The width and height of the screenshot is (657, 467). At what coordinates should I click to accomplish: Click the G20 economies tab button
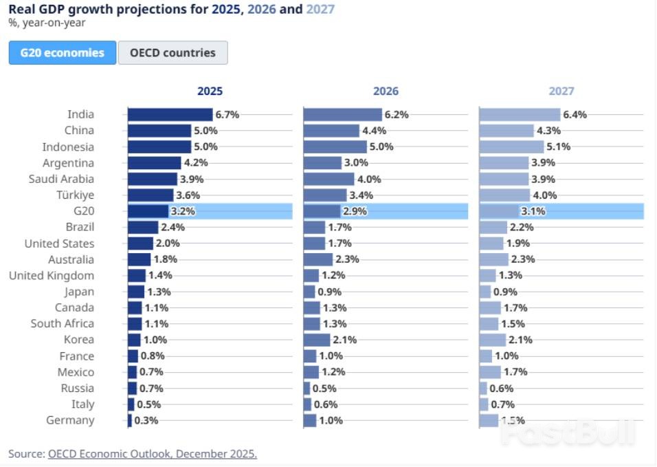pyautogui.click(x=63, y=53)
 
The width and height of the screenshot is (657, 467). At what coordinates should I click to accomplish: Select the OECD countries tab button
pyautogui.click(x=172, y=53)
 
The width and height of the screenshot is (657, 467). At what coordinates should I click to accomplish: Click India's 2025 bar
pyautogui.click(x=170, y=115)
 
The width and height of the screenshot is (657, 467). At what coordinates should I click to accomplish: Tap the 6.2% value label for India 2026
pyautogui.click(x=397, y=115)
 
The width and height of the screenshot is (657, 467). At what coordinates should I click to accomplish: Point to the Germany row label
pyautogui.click(x=70, y=420)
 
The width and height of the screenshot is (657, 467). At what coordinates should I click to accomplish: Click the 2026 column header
pyautogui.click(x=386, y=91)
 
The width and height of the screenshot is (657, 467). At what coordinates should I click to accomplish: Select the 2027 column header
pyautogui.click(x=561, y=91)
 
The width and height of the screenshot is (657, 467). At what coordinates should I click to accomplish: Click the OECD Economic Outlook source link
pyautogui.click(x=153, y=454)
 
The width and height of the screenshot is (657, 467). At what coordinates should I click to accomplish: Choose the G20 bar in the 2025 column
pyautogui.click(x=148, y=211)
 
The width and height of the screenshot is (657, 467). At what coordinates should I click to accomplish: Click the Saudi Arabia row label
pyautogui.click(x=63, y=179)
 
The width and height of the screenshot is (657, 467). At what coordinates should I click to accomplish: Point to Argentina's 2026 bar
pyautogui.click(x=323, y=163)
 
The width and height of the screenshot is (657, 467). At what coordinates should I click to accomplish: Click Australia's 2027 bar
pyautogui.click(x=494, y=259)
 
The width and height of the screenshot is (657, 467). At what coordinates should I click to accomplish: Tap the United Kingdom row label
pyautogui.click(x=52, y=276)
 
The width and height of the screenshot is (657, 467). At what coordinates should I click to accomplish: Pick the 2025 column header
pyautogui.click(x=210, y=91)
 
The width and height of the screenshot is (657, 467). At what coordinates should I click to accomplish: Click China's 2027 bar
pyautogui.click(x=506, y=131)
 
